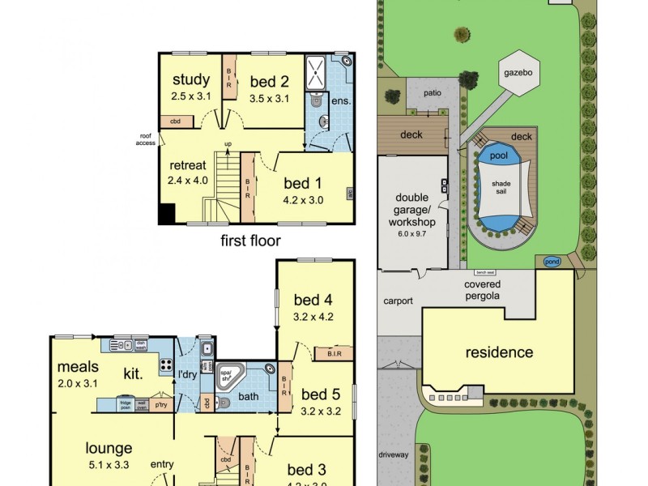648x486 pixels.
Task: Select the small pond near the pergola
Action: [x=552, y=262]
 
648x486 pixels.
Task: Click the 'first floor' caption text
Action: [x=250, y=241]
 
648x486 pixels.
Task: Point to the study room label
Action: [x=190, y=80]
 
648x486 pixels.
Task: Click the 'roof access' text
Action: [x=145, y=139]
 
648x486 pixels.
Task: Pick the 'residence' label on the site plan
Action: [x=498, y=352]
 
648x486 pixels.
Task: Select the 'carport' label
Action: [x=399, y=301]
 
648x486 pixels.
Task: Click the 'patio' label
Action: [x=432, y=92]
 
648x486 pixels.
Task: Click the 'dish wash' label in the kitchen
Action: [x=140, y=344]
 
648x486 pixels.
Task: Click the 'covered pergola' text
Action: [x=482, y=290]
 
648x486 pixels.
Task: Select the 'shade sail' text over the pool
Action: [x=501, y=188]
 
